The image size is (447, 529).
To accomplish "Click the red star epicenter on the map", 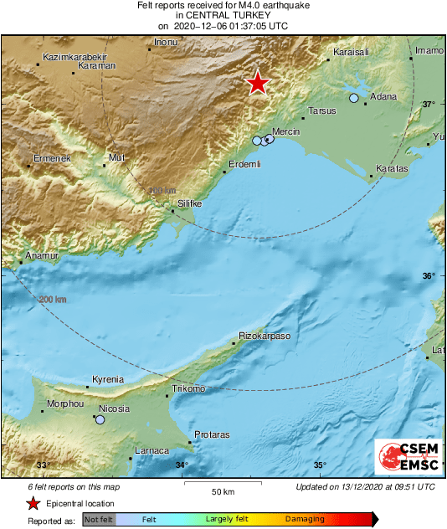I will pos(258,83).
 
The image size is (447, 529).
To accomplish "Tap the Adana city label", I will pos(383,97).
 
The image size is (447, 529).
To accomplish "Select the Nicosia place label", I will pos(114,408).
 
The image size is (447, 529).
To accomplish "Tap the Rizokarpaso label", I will pos(265,336).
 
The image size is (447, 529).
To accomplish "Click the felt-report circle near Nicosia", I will pos(100,419).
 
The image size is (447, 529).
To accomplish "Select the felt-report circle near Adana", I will pos(353,99).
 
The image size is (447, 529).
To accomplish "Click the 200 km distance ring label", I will pos(53,299).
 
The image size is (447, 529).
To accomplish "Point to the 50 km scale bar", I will pos(222,483).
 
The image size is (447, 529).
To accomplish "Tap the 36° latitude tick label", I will pos(429,276).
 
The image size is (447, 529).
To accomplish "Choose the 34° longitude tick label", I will pos(182,465).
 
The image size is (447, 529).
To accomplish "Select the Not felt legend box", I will pos(99,520).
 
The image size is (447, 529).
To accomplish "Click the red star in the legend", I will pos(33,503).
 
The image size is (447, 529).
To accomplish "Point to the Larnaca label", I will pos(152,450).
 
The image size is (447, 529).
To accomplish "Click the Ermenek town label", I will pos(53,158).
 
